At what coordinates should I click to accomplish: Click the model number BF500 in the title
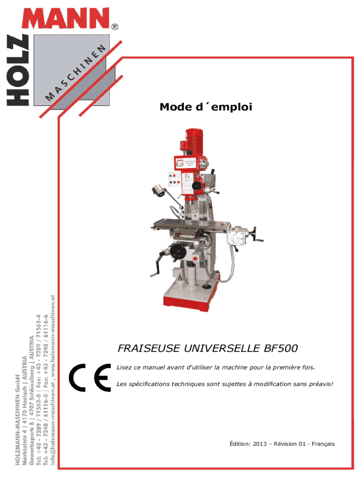coord(281,348)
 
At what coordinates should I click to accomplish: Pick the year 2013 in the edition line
coord(260,444)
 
